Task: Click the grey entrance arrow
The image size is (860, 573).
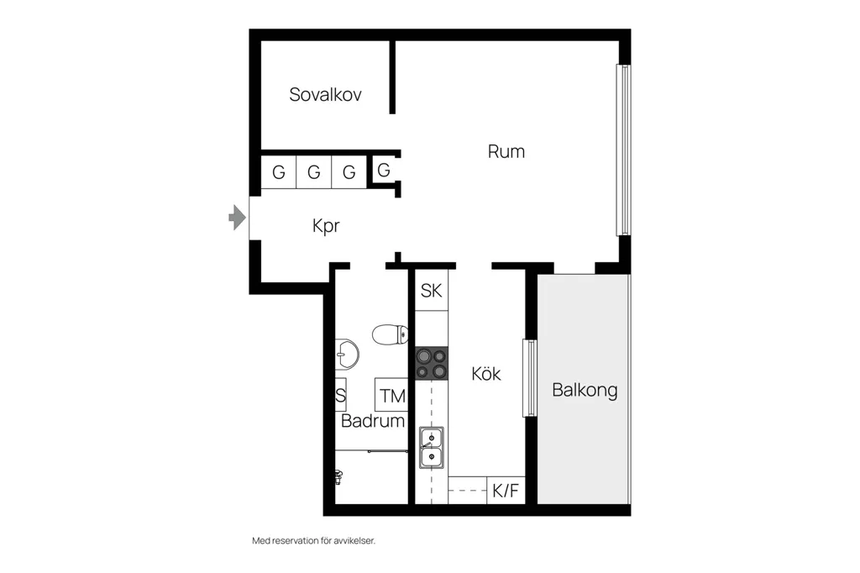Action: point(237,218)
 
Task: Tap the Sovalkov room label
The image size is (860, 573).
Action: point(325,94)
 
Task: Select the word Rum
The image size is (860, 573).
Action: point(506,151)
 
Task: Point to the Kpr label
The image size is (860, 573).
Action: point(326,225)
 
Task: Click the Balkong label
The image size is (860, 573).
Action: point(585,390)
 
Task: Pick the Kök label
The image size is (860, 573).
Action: point(486,374)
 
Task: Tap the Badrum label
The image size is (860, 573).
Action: point(372,421)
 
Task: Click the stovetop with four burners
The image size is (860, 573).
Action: point(431,363)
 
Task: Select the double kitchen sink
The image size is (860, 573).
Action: point(432,447)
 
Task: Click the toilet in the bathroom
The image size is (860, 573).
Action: point(390,334)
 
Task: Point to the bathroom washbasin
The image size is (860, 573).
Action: point(347,354)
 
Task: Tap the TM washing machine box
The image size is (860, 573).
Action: point(391,395)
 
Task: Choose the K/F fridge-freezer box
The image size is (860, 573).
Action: point(506,490)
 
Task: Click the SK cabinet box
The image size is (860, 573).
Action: point(431,291)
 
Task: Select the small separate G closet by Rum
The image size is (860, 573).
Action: point(384,171)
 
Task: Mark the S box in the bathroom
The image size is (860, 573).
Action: point(341,395)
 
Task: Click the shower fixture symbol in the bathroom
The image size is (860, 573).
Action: point(338,477)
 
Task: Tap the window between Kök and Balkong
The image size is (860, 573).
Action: point(530,378)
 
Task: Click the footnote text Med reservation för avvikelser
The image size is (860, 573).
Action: point(314,540)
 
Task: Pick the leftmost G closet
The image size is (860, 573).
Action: point(279,172)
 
